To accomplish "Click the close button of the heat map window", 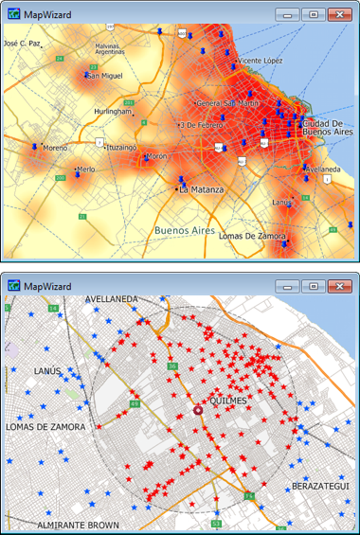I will [x=336, y=14].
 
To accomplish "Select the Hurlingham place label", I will [x=113, y=112].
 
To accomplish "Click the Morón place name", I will [x=156, y=156].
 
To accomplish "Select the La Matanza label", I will [x=203, y=190].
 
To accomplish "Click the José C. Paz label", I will [x=22, y=44].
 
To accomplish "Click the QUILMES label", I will [x=228, y=401].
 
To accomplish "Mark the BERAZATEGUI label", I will [x=321, y=486].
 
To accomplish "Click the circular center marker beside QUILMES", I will [x=198, y=410].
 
